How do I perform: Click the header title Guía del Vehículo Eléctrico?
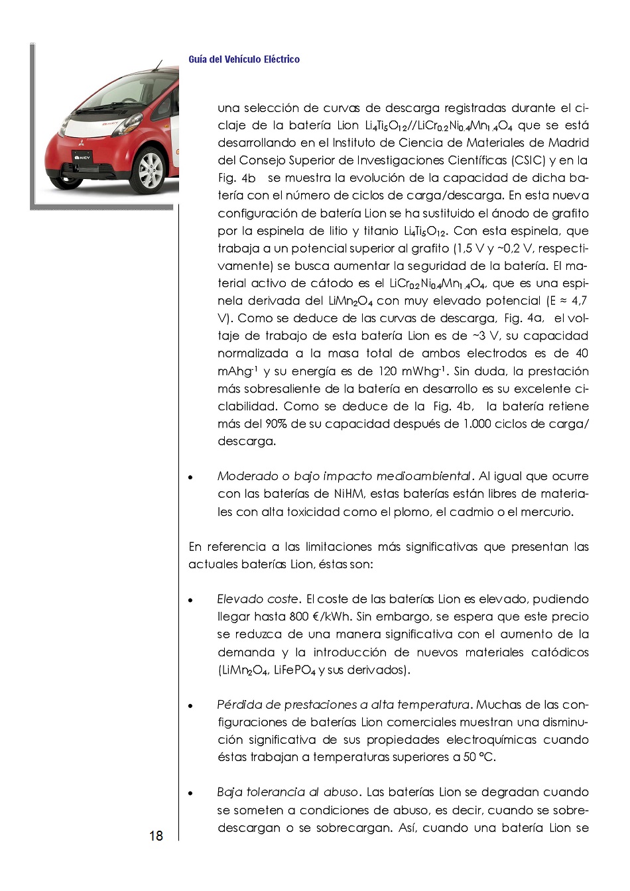tap(244, 60)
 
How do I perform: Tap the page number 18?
tap(156, 835)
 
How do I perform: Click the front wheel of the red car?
tap(151, 168)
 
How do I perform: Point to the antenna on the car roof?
tap(158, 64)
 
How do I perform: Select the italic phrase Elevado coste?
tap(258, 599)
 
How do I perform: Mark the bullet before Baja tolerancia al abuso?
tap(191, 794)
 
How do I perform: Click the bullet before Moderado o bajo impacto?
tap(191, 477)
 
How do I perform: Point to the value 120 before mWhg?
tap(388, 371)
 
